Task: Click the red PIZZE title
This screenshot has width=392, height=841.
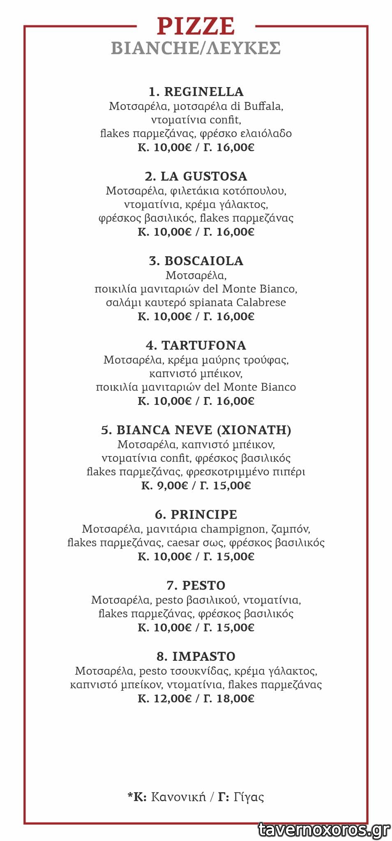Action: (x=196, y=26)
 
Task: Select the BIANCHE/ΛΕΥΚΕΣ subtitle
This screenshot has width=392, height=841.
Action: (x=196, y=48)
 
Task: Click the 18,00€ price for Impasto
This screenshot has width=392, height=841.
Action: (x=235, y=699)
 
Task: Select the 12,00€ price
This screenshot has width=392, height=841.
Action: (x=173, y=699)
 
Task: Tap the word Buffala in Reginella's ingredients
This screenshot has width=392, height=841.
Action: (x=263, y=106)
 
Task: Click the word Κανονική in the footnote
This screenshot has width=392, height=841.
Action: (x=178, y=797)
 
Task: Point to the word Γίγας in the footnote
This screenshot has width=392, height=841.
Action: (x=249, y=797)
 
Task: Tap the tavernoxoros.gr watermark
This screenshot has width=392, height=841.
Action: (x=324, y=830)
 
